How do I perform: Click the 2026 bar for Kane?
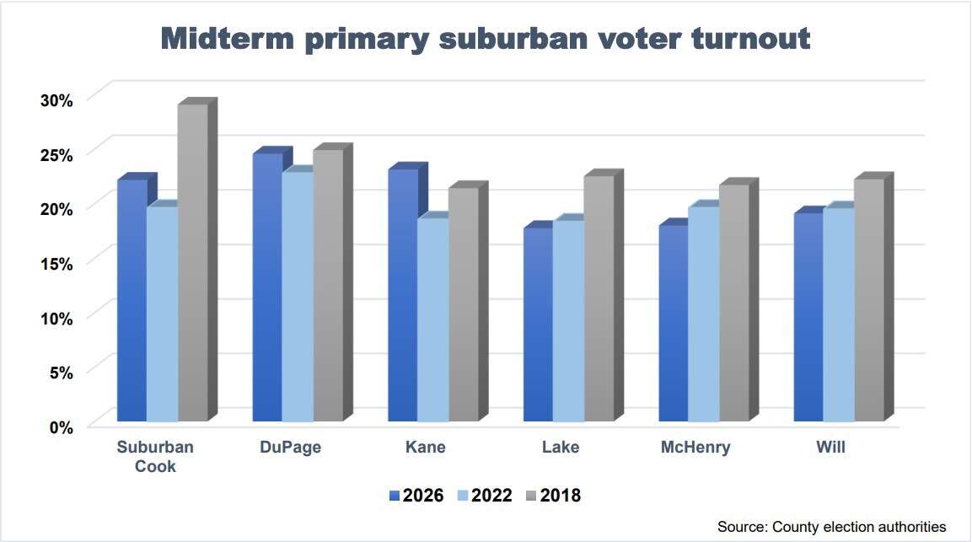(403, 294)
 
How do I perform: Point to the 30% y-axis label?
(57, 99)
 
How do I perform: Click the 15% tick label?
(57, 263)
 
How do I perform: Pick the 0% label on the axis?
(62, 427)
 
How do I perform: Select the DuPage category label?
(290, 448)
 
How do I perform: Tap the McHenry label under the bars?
(695, 448)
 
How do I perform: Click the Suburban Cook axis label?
(155, 456)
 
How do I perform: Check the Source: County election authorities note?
(832, 527)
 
